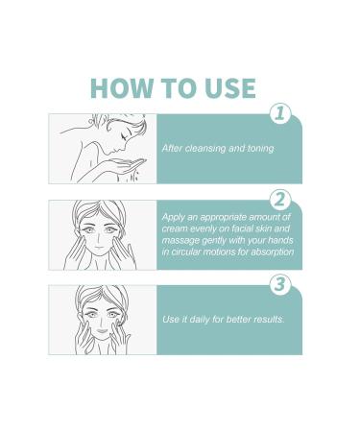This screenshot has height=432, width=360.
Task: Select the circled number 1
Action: point(278,114)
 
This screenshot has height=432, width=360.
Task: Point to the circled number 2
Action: point(278,200)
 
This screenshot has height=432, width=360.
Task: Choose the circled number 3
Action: point(278,285)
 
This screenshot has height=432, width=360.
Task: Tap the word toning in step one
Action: point(256,149)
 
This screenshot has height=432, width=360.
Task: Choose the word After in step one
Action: point(172,149)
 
